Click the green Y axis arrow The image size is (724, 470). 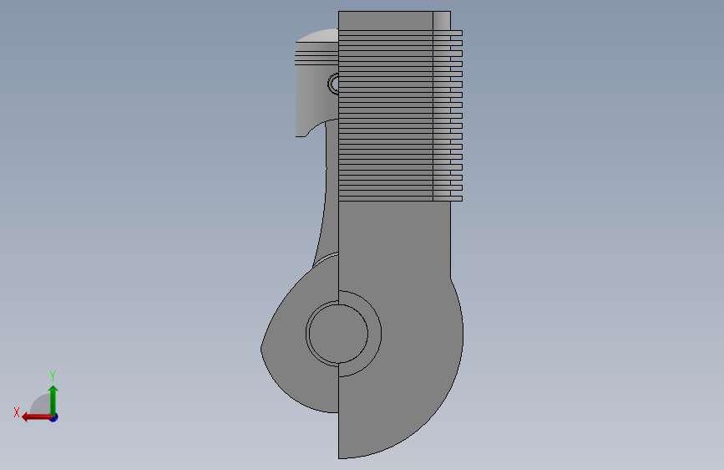click(53, 400)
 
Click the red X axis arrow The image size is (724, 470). click(37, 417)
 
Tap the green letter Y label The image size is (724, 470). click(53, 375)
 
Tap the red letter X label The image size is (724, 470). click(17, 412)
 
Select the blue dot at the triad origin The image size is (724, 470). click(54, 417)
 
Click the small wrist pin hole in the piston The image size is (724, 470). click(333, 84)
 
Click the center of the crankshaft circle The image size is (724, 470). click(338, 333)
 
